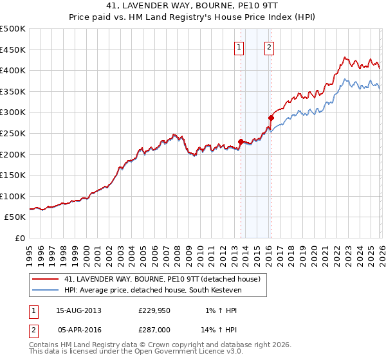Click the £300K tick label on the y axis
pyautogui.click(x=13, y=113)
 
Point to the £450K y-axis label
pyautogui.click(x=13, y=50)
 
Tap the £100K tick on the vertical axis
pyautogui.click(x=13, y=196)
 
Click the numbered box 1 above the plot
pyautogui.click(x=239, y=47)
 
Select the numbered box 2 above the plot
pyautogui.click(x=269, y=47)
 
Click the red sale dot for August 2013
pyautogui.click(x=241, y=141)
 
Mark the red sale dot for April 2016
pyautogui.click(x=271, y=118)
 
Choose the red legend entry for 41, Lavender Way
pyautogui.click(x=161, y=279)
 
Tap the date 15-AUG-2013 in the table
pyautogui.click(x=78, y=310)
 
